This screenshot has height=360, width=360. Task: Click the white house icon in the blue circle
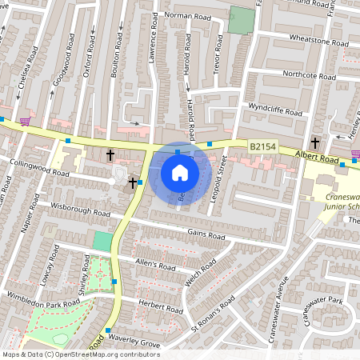tap(180, 172)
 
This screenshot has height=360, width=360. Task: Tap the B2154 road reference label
tap(263, 147)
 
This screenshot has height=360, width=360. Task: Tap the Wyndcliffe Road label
tap(275, 107)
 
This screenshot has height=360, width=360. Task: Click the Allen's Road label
tap(155, 265)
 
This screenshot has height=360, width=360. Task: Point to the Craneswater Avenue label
tap(281, 300)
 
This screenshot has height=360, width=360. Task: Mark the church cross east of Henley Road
tap(314, 143)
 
